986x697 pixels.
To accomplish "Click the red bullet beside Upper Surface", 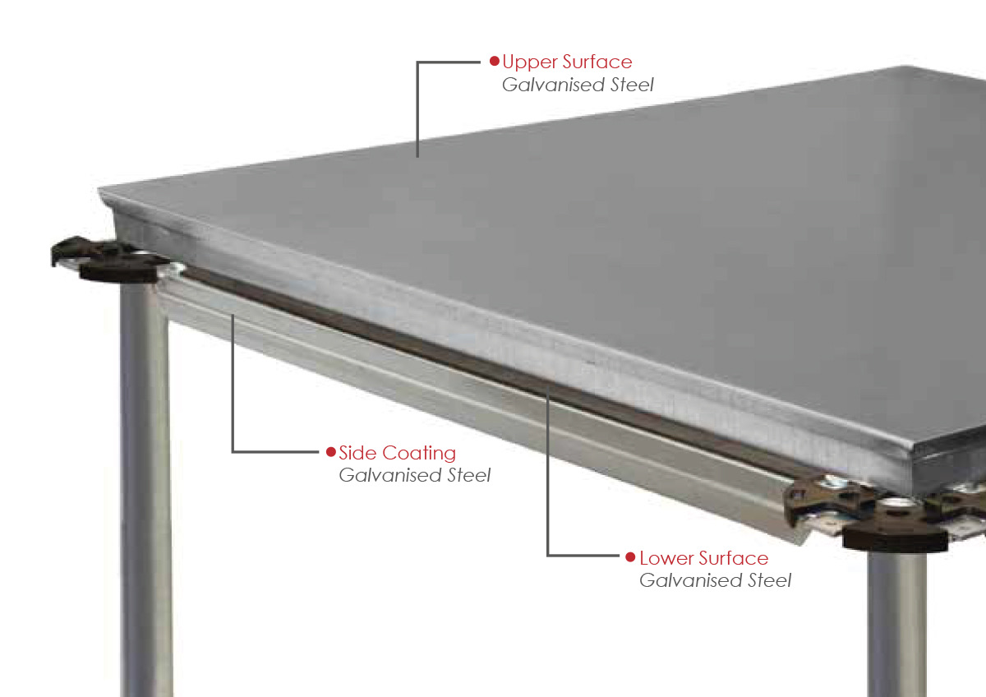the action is tap(495, 61).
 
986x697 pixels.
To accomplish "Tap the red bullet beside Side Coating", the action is tap(331, 452).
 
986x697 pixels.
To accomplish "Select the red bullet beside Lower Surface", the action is tap(630, 557).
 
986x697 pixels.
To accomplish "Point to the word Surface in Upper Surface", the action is tap(597, 62).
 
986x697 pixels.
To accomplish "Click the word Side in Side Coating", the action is tap(357, 453).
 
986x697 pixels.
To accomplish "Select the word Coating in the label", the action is tap(419, 454).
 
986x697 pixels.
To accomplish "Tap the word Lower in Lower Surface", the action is tap(661, 558).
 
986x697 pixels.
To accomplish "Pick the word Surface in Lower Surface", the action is tap(729, 558).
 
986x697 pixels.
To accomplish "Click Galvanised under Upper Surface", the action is tap(553, 85).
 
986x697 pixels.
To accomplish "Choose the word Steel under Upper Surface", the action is tap(632, 85).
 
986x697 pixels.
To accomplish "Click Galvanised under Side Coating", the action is tap(390, 475).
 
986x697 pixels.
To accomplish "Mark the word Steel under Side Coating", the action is tap(469, 475).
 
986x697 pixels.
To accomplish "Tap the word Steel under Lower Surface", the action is tap(769, 580).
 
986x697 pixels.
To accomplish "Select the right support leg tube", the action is tap(898, 623).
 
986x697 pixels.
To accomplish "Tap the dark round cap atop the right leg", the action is tap(895, 538).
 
